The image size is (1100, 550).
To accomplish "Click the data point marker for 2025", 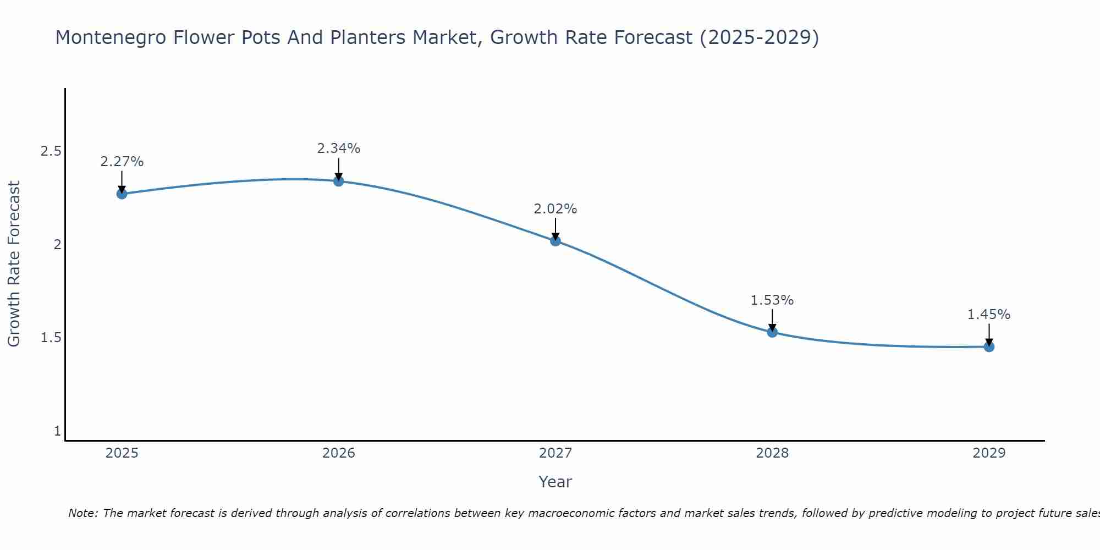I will [x=122, y=194].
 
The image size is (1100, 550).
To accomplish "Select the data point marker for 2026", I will [x=339, y=181].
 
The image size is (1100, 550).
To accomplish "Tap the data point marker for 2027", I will [x=555, y=240].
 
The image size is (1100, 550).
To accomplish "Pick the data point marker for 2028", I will [x=772, y=332].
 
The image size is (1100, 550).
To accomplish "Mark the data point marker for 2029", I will [x=989, y=346].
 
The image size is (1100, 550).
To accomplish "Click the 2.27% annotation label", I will [x=122, y=162].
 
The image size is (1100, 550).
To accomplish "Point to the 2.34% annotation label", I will [x=339, y=148].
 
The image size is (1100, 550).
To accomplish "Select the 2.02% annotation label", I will [x=555, y=209].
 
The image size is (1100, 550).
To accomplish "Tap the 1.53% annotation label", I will [x=772, y=300].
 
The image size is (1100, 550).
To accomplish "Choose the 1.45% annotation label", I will [x=989, y=315].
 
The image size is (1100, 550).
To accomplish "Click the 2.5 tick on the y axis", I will [x=51, y=151].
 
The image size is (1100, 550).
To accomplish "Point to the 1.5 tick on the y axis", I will [x=51, y=338].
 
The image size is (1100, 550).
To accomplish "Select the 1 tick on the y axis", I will [x=57, y=431].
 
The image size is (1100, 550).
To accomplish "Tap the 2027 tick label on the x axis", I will [x=555, y=453].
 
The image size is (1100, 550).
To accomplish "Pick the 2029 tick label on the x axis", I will [x=989, y=453].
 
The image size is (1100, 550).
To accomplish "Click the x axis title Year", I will [x=555, y=482].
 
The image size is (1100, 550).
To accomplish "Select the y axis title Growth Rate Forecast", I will [x=14, y=264].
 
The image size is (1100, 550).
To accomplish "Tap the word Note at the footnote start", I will [x=82, y=513].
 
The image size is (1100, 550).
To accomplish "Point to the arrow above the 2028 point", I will [x=772, y=320].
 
